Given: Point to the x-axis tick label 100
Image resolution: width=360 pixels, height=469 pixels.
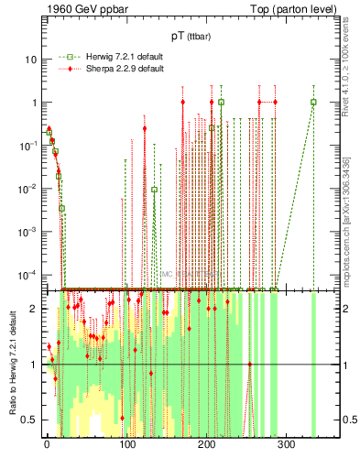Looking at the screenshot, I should coord(126,445).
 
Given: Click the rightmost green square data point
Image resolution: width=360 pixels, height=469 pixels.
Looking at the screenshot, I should coord(313,103).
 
